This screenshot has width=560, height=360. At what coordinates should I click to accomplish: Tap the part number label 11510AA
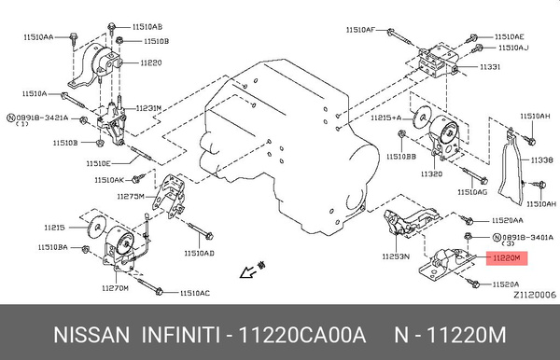pos(32,36)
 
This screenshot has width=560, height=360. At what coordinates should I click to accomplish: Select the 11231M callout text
pos(149,108)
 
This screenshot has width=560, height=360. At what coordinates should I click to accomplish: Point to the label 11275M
pos(130,197)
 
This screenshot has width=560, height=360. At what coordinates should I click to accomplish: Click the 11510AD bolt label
pos(198,253)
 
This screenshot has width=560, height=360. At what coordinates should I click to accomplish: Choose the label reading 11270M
pos(115,289)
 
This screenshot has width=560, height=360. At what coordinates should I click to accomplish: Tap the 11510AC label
pos(193,294)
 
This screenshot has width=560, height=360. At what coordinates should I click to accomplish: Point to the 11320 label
pos(431,174)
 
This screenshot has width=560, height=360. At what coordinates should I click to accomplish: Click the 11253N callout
pos(397,256)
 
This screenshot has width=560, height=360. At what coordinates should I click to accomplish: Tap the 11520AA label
pos(507,220)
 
